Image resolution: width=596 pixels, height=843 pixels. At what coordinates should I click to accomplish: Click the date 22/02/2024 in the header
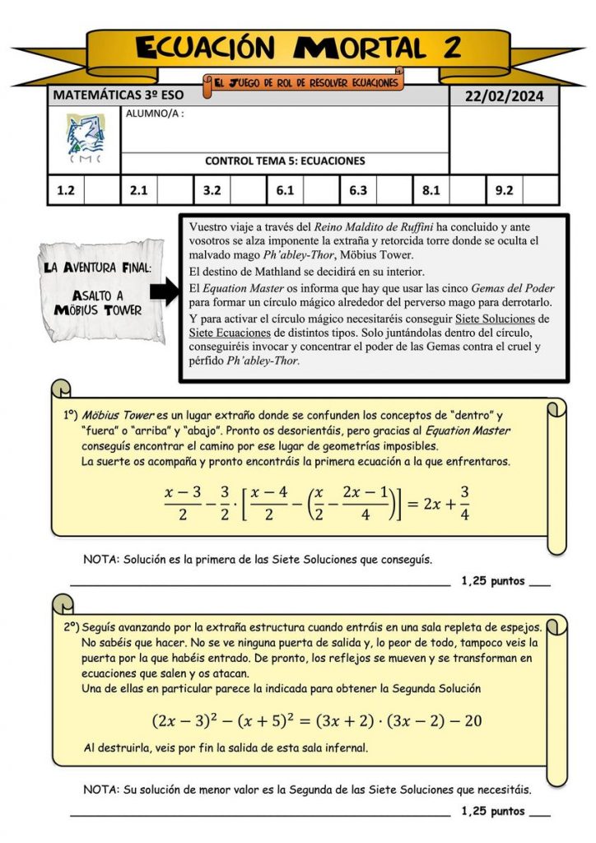[504, 95]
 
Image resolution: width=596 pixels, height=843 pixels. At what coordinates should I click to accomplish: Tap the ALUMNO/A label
[154, 114]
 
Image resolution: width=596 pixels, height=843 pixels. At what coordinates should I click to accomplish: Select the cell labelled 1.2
[66, 191]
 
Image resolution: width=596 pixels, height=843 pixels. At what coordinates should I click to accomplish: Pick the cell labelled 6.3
[358, 191]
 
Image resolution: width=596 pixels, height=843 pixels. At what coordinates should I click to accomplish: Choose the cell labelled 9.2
[504, 191]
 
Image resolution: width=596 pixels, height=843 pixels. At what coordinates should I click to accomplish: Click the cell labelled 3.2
[212, 191]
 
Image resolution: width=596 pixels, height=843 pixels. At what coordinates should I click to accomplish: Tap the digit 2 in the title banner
[451, 48]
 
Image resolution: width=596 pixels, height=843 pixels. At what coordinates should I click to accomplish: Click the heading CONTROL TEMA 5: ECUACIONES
[285, 161]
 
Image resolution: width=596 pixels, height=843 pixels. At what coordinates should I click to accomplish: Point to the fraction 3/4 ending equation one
[465, 503]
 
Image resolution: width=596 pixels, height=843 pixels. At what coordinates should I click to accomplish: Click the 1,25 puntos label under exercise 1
[492, 580]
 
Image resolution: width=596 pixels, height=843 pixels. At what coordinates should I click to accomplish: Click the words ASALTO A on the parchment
[99, 295]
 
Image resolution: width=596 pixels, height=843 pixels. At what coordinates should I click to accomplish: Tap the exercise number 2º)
[71, 626]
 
